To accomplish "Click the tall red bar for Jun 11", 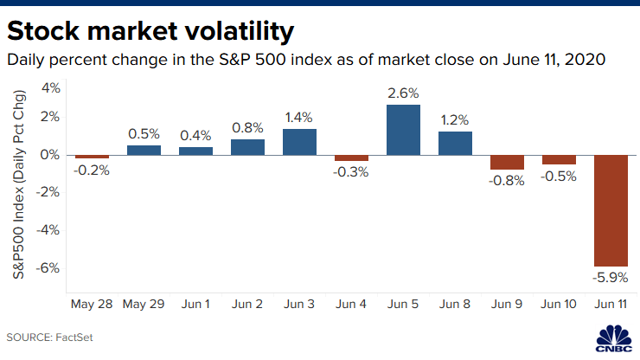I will pos(611,209).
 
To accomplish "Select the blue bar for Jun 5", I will pos(403,130).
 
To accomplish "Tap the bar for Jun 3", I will pos(299,142).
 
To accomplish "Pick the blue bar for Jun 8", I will pos(455,143).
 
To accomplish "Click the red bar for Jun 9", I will pos(507,162).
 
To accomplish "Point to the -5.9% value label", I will pos(610,278).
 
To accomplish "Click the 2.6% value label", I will pos(403,91).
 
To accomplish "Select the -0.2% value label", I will pos(92,170).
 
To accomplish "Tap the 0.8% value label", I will pos(247,126).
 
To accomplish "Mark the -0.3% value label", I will pos(351,172).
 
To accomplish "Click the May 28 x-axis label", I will pos(92,305).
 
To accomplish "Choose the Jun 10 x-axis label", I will pos(559,305).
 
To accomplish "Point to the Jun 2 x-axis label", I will pos(247,305).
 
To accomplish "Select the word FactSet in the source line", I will pos(75,336).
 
